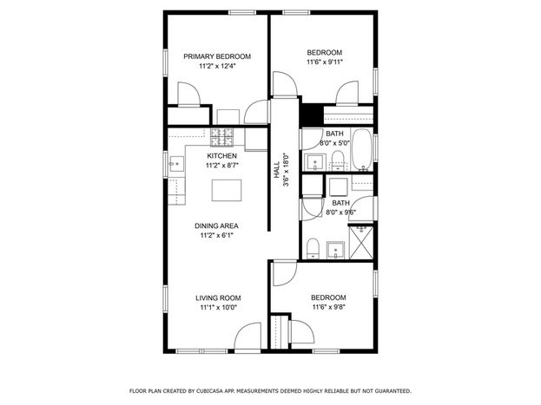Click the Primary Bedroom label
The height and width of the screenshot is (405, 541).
click(217, 56)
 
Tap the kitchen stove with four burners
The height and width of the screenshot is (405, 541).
click(221, 136)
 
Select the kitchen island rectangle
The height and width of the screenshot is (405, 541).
click(227, 190)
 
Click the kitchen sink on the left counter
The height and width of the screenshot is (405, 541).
click(176, 164)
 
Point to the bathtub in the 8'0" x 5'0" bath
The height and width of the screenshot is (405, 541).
click(361, 150)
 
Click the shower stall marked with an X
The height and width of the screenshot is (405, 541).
click(361, 242)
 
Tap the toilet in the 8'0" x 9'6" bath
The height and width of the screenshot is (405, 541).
click(313, 248)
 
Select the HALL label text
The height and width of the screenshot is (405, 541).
click(277, 170)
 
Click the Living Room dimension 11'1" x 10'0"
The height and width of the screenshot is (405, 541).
click(219, 308)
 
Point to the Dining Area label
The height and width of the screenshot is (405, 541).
click(216, 226)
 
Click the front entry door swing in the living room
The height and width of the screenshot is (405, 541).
click(247, 336)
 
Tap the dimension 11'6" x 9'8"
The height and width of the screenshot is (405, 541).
click(329, 307)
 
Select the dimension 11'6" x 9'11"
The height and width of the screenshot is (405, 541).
click(325, 62)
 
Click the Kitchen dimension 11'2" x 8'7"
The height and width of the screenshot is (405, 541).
click(221, 166)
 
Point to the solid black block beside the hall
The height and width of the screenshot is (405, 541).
click(311, 114)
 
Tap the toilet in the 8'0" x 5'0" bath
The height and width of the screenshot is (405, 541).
click(338, 161)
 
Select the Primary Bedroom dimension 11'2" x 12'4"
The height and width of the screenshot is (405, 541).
click(217, 66)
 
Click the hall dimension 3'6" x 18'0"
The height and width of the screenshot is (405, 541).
click(286, 170)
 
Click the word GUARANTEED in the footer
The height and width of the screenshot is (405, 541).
click(393, 391)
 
